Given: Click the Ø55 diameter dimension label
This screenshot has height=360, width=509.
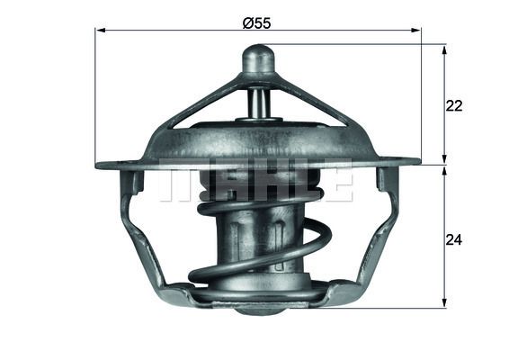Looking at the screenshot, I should [x=258, y=22].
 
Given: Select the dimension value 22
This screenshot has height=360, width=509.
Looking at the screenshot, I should [x=454, y=105].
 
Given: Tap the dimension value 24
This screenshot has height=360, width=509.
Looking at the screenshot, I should [x=454, y=240].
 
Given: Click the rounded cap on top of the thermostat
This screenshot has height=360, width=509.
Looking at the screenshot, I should [x=258, y=61].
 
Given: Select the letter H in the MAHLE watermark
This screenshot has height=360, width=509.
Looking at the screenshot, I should [x=257, y=181].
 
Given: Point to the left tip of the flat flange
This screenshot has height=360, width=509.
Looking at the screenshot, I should [x=99, y=165].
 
